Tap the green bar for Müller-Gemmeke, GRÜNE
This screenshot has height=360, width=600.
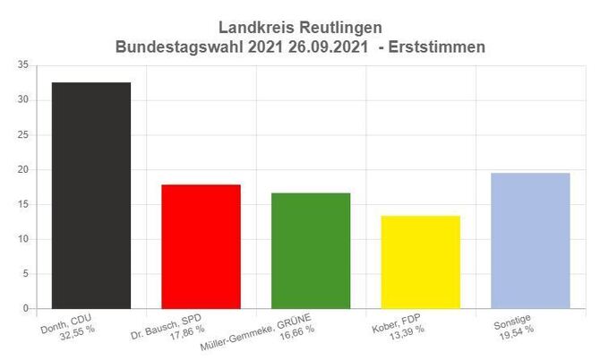(311, 251)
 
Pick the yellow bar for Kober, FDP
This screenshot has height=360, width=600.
(421, 261)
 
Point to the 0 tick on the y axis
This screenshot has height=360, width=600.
(25, 309)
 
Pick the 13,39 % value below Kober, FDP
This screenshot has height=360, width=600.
(406, 330)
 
